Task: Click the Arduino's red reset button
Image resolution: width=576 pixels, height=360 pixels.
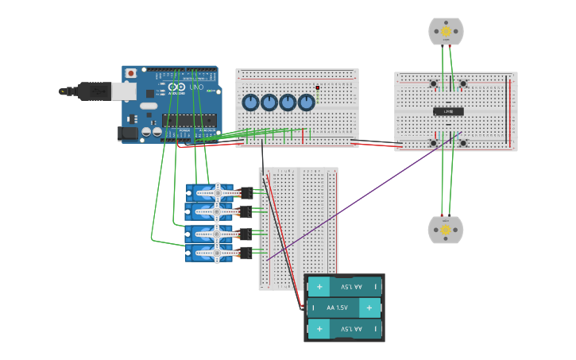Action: tap(130, 73)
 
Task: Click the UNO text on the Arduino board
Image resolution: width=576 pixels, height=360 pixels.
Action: tap(196, 87)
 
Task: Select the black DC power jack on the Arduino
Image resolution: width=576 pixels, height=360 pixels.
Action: tap(127, 134)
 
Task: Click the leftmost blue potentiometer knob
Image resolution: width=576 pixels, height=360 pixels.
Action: tap(250, 103)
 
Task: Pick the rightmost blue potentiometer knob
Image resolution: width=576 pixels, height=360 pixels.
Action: tap(307, 103)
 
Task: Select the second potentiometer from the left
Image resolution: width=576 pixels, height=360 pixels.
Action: tap(269, 103)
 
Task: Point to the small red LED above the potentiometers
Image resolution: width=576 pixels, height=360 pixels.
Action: tap(317, 87)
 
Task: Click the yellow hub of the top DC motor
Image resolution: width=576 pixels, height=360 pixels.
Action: tap(446, 32)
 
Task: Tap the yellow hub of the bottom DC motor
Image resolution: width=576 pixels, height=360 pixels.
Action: tap(446, 230)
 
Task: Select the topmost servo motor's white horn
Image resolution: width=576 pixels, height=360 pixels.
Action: tap(215, 192)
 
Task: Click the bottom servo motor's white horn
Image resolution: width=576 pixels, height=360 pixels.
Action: tap(215, 254)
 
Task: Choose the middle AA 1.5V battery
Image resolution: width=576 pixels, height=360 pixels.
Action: tap(344, 308)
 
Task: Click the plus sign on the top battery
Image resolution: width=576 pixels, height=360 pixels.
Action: tap(320, 286)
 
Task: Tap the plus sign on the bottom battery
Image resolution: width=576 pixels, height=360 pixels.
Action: tap(320, 328)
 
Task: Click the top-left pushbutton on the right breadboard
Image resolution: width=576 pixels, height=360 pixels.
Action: tap(433, 83)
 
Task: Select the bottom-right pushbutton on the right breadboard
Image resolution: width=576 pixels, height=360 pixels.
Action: tap(462, 142)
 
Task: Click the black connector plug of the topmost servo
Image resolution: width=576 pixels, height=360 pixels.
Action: tap(246, 192)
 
